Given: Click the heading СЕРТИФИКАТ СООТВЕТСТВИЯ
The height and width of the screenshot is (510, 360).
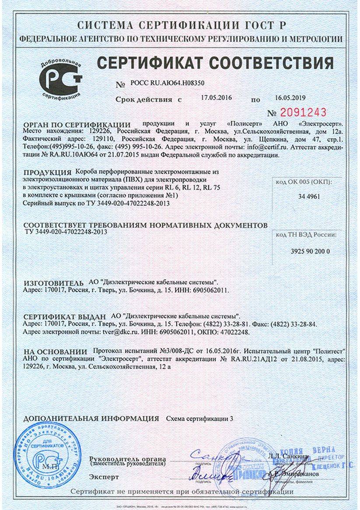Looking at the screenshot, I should pos(215,63).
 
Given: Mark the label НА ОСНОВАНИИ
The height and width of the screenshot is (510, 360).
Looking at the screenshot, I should pos(56,352).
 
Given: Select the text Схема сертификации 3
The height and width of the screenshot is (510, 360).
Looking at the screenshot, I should pos(199,419).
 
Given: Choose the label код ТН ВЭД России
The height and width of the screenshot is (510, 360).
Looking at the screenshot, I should pos(307,236).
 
